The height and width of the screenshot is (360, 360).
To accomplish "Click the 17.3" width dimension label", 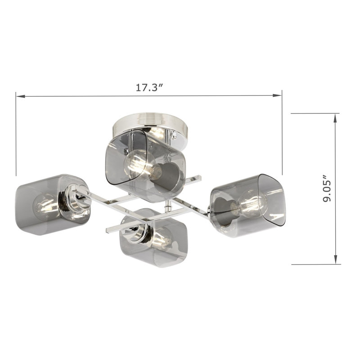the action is pyautogui.click(x=149, y=87).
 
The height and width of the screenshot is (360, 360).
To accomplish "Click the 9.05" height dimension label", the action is pyautogui.click(x=327, y=189).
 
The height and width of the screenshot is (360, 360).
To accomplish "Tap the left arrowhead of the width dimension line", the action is pyautogui.click(x=20, y=96).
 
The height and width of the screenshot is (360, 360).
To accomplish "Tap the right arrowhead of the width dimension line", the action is pyautogui.click(x=277, y=95).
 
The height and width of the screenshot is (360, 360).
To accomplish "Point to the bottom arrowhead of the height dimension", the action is pyautogui.click(x=336, y=260).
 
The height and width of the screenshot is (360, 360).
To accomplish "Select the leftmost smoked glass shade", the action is pyautogui.click(x=53, y=205).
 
